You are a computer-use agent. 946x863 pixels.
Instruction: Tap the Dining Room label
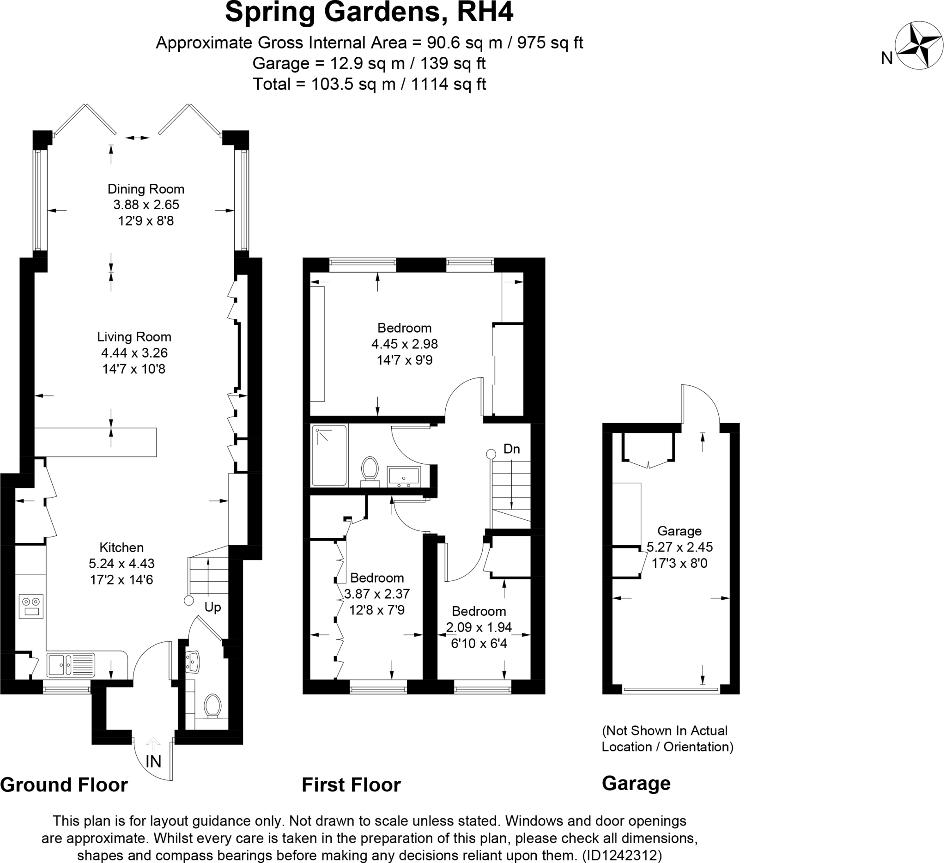coord(146,189)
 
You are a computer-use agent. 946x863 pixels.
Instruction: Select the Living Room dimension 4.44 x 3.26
coord(134,353)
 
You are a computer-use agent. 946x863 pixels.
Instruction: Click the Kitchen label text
coord(121,547)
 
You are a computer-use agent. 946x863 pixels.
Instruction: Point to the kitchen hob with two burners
coord(31,607)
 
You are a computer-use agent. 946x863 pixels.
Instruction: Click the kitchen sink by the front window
coord(71,665)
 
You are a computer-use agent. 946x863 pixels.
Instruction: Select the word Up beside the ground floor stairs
coord(212,607)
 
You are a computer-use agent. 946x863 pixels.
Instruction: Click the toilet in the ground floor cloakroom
coord(212,705)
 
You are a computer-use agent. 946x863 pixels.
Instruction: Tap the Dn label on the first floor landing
coord(511,449)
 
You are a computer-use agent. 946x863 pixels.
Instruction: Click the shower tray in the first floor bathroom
coord(329,455)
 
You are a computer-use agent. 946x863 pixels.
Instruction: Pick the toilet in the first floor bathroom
coord(370,469)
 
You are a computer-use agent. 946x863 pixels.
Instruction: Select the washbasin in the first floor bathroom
coord(404,476)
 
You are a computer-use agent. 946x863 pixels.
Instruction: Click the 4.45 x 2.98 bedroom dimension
coord(405,344)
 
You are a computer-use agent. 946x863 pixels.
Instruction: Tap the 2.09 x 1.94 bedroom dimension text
coord(479,627)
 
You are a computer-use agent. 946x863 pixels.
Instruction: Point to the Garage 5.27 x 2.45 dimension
coord(679,547)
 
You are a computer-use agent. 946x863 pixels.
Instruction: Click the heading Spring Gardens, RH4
coord(369,12)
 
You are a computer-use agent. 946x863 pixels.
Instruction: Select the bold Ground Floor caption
coord(64,785)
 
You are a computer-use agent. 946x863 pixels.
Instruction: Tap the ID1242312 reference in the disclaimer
coord(622,856)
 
